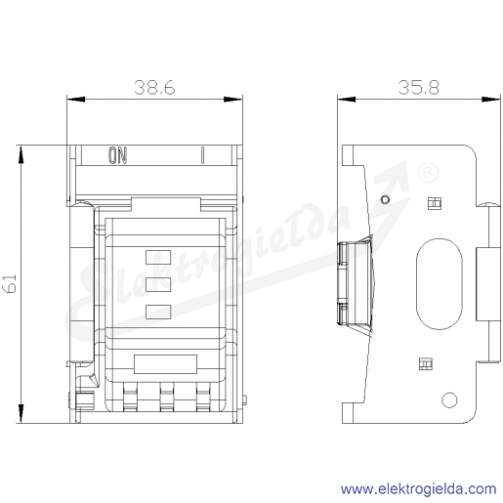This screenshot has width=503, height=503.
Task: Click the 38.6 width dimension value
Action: [x=154, y=87]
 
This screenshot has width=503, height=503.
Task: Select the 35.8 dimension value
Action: [x=419, y=87]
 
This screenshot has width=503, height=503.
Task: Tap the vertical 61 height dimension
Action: [x=10, y=283]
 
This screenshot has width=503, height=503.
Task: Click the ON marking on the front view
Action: [x=117, y=155]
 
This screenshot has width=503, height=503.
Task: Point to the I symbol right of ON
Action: [x=202, y=155]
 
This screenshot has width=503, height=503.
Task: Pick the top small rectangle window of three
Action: [x=158, y=257]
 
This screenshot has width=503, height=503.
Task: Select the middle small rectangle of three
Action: [x=158, y=284]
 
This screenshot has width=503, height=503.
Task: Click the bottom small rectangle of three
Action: [x=158, y=312]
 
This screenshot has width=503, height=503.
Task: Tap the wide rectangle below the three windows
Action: [x=165, y=364]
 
